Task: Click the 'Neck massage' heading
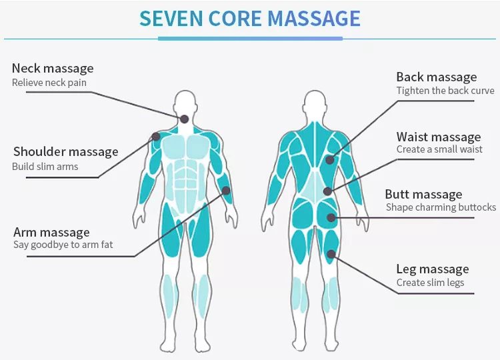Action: (x=53, y=68)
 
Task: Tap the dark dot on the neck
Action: (x=185, y=119)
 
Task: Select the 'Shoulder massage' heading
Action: (x=65, y=152)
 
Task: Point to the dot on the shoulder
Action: (x=156, y=136)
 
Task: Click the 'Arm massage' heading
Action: (x=51, y=232)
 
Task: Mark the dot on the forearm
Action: (x=226, y=190)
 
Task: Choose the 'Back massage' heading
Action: (x=437, y=77)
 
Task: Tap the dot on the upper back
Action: (x=329, y=159)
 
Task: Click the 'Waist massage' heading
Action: (x=438, y=137)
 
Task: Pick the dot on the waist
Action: (x=327, y=191)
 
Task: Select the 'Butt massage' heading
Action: (x=423, y=195)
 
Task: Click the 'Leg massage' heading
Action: (x=433, y=269)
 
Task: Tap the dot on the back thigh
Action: (x=331, y=253)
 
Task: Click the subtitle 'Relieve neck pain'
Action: (x=49, y=83)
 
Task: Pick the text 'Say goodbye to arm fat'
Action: (x=63, y=245)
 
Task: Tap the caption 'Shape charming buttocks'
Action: (x=441, y=207)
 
